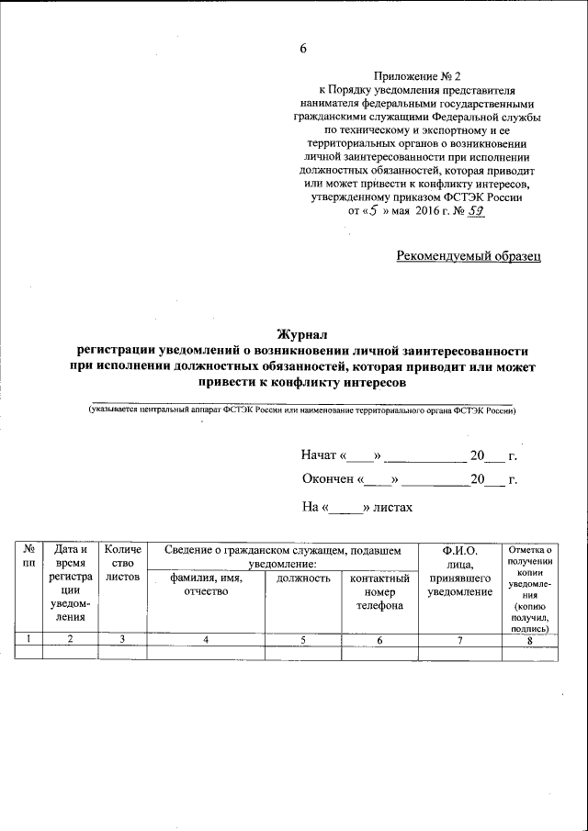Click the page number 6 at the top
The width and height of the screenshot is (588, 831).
coord(302,49)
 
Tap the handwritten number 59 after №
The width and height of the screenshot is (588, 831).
coord(475,211)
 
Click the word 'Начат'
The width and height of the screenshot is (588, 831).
coord(320,455)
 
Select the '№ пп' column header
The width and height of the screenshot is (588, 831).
coord(28,556)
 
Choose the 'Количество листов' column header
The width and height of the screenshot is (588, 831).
coord(123,563)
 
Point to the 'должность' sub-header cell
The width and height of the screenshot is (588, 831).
coord(302,578)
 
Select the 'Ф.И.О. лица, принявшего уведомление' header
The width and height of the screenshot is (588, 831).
coord(459,570)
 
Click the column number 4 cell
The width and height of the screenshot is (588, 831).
coord(206,639)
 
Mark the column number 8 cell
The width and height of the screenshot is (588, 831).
coord(528,640)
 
